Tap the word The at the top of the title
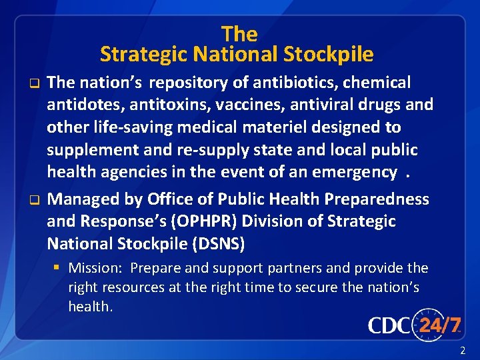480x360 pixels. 239,33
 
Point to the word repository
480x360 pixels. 184,83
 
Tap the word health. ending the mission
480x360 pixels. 91,307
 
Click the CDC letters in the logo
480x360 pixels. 391,325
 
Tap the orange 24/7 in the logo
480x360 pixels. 439,325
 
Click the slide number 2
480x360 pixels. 463,351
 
